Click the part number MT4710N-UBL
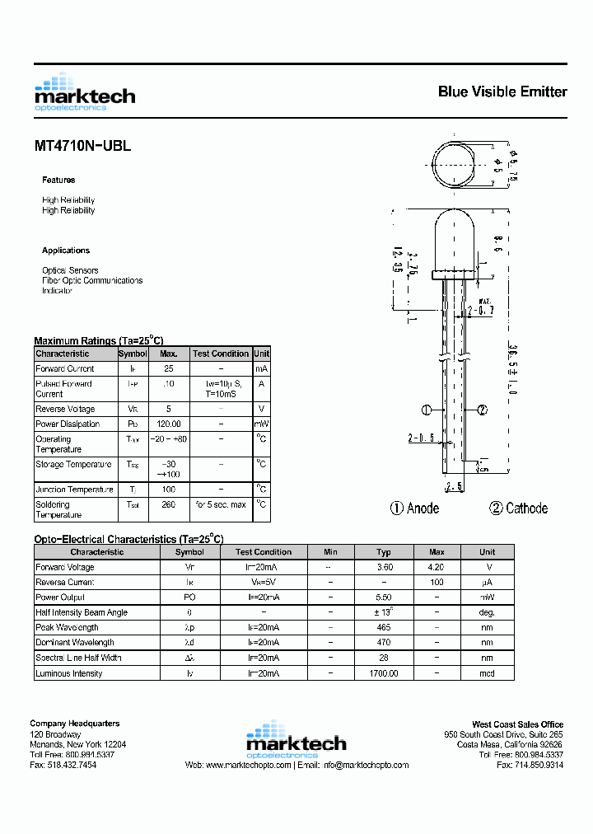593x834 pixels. click(82, 146)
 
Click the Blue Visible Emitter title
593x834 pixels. click(502, 92)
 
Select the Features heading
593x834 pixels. click(58, 180)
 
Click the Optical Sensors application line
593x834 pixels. click(70, 270)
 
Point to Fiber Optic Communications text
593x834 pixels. click(92, 280)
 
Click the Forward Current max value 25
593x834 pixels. click(169, 369)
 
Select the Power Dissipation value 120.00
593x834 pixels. click(169, 424)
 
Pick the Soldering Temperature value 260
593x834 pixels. click(169, 505)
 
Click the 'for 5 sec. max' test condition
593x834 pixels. click(221, 505)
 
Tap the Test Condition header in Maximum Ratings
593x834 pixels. click(221, 354)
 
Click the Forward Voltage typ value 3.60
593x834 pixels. click(384, 568)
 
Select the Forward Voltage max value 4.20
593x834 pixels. click(437, 568)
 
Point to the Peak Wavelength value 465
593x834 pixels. click(384, 628)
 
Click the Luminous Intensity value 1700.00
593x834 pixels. click(384, 674)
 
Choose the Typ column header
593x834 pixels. click(384, 552)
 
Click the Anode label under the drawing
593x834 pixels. click(423, 508)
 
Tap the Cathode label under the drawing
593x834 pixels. click(526, 508)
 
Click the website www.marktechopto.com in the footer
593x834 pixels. click(248, 766)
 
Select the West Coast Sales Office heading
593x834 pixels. click(517, 724)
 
